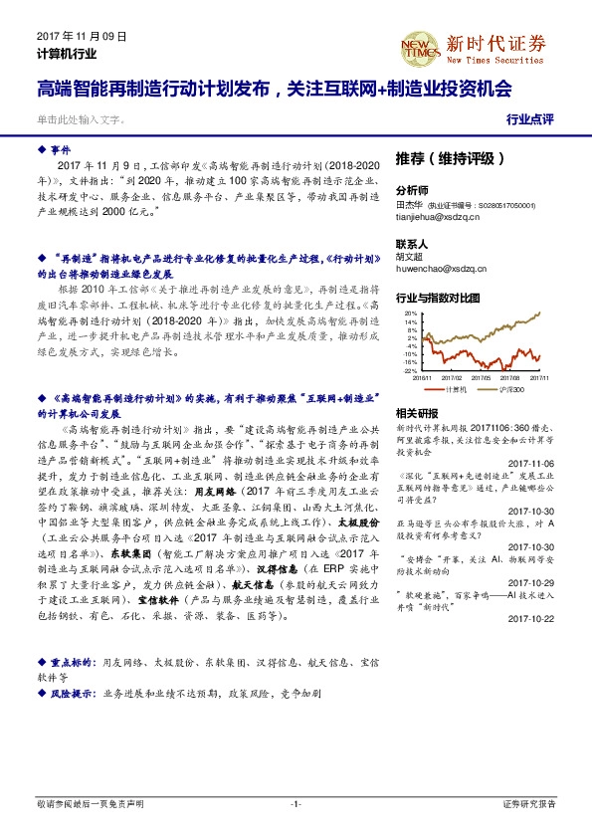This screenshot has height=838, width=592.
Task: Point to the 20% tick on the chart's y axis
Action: (410, 314)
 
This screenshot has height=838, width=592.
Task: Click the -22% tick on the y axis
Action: (409, 370)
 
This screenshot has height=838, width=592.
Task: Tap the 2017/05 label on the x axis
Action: (485, 377)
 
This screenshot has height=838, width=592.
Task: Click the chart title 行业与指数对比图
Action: (438, 298)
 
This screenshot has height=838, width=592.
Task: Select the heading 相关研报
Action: (416, 413)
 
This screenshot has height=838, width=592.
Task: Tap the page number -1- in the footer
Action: (296, 803)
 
